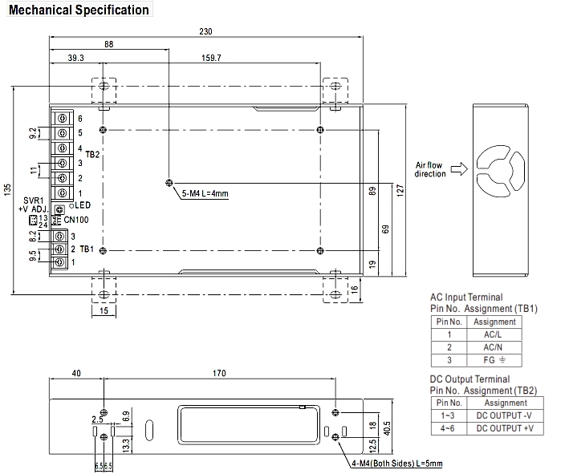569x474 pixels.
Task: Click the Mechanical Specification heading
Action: (x=79, y=10)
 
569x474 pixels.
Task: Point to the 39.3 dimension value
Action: (x=76, y=59)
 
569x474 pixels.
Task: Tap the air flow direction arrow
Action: (x=459, y=169)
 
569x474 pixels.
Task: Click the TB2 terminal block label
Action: (x=92, y=153)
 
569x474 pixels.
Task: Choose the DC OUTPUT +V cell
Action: (x=506, y=428)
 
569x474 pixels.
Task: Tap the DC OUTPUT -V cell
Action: (x=506, y=415)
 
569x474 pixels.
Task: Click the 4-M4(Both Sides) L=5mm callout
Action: (x=396, y=463)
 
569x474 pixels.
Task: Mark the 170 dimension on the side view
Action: (x=219, y=373)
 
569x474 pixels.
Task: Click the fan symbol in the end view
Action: (x=502, y=170)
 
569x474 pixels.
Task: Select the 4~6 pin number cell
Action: (x=449, y=428)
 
